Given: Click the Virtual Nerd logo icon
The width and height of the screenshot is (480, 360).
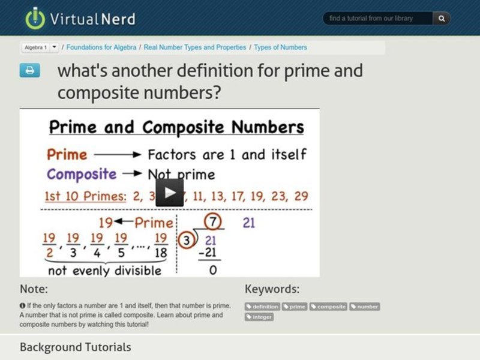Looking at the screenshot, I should (35, 18).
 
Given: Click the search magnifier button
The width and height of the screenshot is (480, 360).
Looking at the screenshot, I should (442, 19).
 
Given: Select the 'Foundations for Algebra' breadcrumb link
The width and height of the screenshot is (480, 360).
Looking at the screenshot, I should (102, 47).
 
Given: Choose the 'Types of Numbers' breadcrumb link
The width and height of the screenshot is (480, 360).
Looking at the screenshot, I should (280, 47).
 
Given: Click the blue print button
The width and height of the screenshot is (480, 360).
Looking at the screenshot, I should (29, 70).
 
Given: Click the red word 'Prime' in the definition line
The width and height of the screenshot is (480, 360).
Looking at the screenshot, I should (67, 154).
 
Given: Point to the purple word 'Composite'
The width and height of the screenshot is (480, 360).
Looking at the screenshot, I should (82, 174).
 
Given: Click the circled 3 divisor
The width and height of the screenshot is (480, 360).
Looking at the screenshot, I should (187, 241).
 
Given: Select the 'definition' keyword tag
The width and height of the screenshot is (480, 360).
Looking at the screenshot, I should (262, 307).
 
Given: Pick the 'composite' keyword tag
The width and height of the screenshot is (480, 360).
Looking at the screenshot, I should (329, 307).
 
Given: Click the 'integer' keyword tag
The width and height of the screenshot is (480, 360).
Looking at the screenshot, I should (259, 317).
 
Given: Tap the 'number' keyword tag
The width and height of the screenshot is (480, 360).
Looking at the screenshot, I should (365, 307).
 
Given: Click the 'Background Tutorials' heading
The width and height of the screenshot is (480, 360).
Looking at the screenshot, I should (75, 347).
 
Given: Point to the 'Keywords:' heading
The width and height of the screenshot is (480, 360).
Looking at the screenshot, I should (272, 289).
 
